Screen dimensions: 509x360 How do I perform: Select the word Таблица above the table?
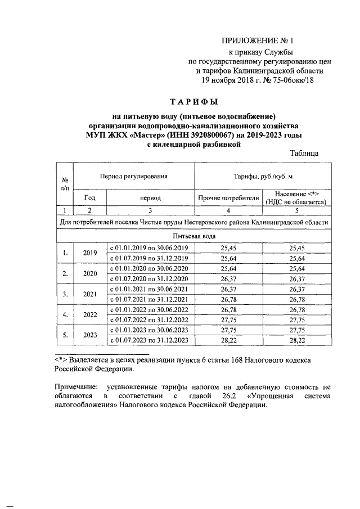[304, 153]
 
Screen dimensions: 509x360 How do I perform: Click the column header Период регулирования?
[134, 177]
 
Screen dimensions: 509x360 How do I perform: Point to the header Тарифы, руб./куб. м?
[263, 177]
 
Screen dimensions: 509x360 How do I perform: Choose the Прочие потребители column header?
[228, 198]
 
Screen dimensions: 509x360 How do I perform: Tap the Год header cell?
[90, 198]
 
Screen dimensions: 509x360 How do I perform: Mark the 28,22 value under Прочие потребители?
[228, 340]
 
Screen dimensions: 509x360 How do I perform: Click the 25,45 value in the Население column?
[297, 248]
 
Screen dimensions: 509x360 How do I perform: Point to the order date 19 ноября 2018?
[222, 80]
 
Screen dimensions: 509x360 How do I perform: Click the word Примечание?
[75, 388]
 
